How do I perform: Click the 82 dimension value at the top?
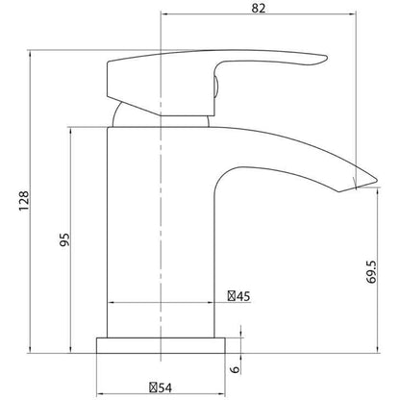[x=259, y=8]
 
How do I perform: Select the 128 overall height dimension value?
[x=24, y=201]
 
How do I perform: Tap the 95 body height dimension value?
[x=64, y=239]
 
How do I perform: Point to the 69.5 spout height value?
[x=371, y=272]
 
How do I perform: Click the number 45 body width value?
[x=243, y=296]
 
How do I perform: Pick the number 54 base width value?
[x=165, y=387]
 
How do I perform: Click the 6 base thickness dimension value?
[x=236, y=369]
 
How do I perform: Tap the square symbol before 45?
[x=232, y=296]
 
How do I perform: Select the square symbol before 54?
[x=153, y=387]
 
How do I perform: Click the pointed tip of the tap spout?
[x=377, y=179]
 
